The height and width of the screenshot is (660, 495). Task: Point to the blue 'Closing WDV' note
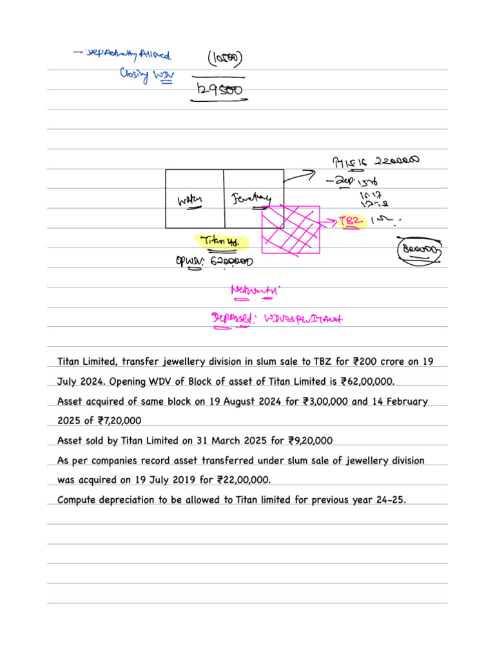coord(143,76)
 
